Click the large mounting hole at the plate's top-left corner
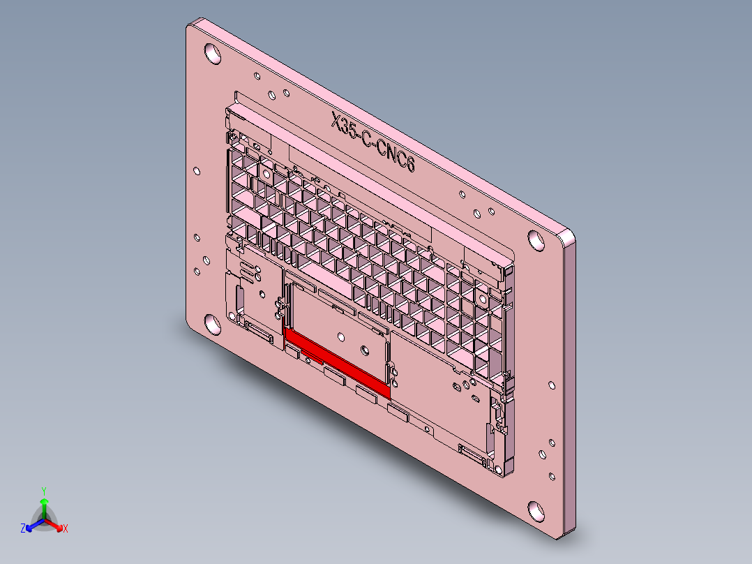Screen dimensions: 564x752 (x=211, y=53)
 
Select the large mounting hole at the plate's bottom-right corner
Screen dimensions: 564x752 (x=536, y=510)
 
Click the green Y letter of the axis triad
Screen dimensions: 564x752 (x=43, y=491)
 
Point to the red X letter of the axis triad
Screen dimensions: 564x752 (x=66, y=529)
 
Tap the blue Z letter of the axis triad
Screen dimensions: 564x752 (x=22, y=529)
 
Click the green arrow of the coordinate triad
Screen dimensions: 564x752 (x=43, y=505)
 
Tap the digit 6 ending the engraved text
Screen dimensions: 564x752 (x=409, y=166)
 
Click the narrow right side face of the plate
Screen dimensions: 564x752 (x=569, y=384)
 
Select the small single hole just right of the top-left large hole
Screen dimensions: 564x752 (x=257, y=75)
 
